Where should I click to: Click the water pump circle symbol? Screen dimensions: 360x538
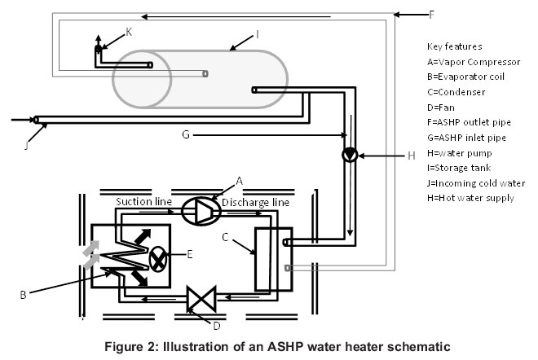(350, 155)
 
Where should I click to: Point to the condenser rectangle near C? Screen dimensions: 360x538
(266, 258)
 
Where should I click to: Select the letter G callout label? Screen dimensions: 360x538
(186, 134)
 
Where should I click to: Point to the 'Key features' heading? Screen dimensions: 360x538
(454, 46)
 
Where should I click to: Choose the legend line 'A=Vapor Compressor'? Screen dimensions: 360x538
(473, 62)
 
